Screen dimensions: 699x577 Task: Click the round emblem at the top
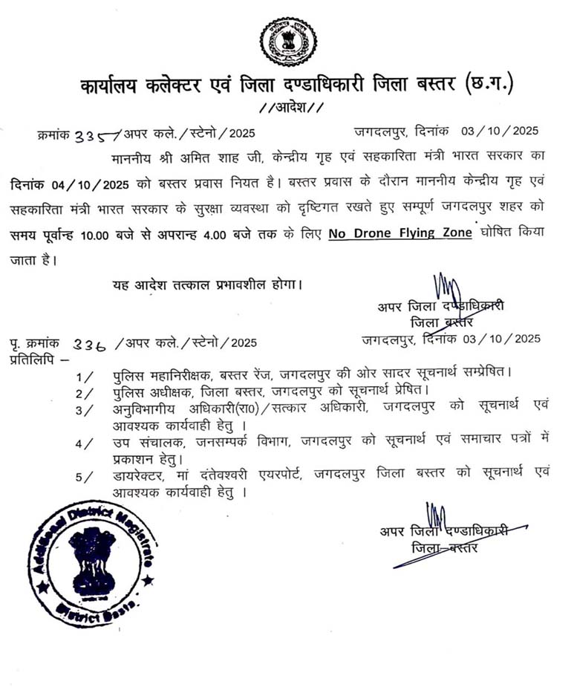tap(288, 42)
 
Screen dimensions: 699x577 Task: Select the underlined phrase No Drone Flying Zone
tap(400, 233)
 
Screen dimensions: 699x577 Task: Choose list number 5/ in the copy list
tap(84, 476)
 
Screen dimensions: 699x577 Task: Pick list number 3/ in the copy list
tap(84, 409)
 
